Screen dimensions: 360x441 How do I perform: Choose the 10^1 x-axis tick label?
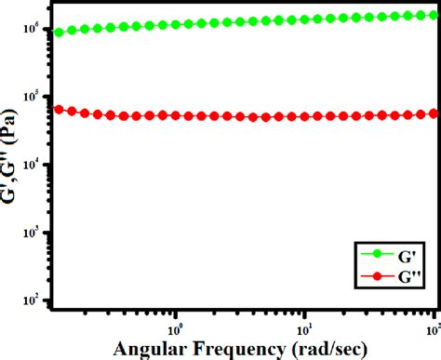pos(304,327)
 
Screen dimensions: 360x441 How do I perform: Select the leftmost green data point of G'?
pos(60,33)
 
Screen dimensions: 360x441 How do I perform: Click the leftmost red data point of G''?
pos(60,109)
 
